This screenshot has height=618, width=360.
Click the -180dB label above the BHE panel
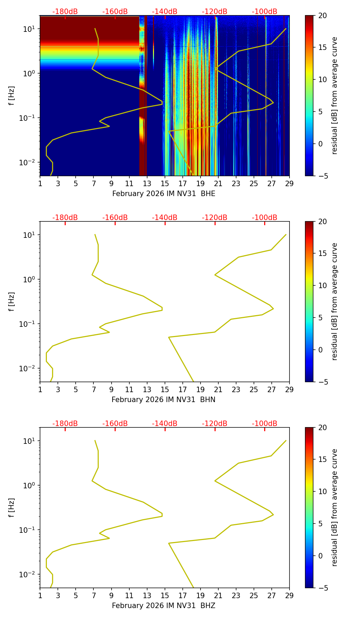point(65,12)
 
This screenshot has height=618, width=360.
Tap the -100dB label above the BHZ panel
point(265,424)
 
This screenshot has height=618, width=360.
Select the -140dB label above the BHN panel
point(165,218)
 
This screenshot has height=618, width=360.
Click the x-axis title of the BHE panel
point(164,194)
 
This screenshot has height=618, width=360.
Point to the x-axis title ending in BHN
point(164,400)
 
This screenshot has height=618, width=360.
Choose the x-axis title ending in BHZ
point(164,606)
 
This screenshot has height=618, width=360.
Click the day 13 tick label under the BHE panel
point(147,184)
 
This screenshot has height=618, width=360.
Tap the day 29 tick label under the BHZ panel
point(289,596)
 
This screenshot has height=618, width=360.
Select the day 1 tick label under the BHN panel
point(40,390)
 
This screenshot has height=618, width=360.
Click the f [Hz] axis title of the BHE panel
point(12,96)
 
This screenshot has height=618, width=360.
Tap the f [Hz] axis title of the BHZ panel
point(12,508)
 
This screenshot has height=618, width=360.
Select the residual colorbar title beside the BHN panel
point(335,301)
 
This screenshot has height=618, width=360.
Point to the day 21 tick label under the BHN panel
point(218,390)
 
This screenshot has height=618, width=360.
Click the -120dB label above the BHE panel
point(215,12)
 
